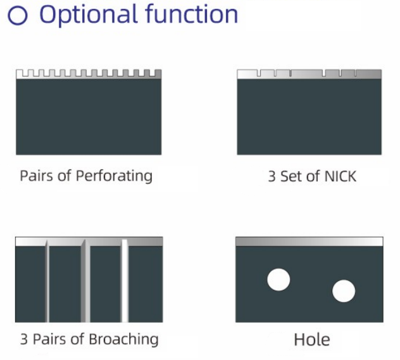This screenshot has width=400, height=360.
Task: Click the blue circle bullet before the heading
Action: point(17,15)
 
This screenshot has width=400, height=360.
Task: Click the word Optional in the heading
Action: point(89,15)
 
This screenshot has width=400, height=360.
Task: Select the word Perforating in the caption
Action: point(114,176)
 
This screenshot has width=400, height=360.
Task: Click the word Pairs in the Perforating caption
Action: point(37,176)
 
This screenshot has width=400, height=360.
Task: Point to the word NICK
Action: point(341,176)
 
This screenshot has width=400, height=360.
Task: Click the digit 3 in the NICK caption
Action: point(272,176)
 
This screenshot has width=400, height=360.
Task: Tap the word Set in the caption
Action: point(291,176)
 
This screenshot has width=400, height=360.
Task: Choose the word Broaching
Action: point(123,339)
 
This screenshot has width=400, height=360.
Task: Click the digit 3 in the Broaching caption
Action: point(23,339)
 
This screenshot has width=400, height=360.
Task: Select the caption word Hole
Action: point(312,340)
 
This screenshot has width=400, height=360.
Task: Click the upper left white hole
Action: point(278,280)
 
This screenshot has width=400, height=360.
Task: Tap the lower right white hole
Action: point(344,291)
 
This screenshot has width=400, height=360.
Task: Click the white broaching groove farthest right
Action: point(125,280)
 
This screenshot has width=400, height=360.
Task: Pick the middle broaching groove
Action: point(85,280)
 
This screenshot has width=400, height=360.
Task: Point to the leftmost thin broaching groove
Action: point(47,280)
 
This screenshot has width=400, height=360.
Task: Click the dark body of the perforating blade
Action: point(89,117)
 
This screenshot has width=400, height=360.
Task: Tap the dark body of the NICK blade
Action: point(309,117)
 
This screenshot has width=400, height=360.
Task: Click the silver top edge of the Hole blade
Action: point(309,242)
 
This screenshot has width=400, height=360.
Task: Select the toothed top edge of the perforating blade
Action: point(89,74)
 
